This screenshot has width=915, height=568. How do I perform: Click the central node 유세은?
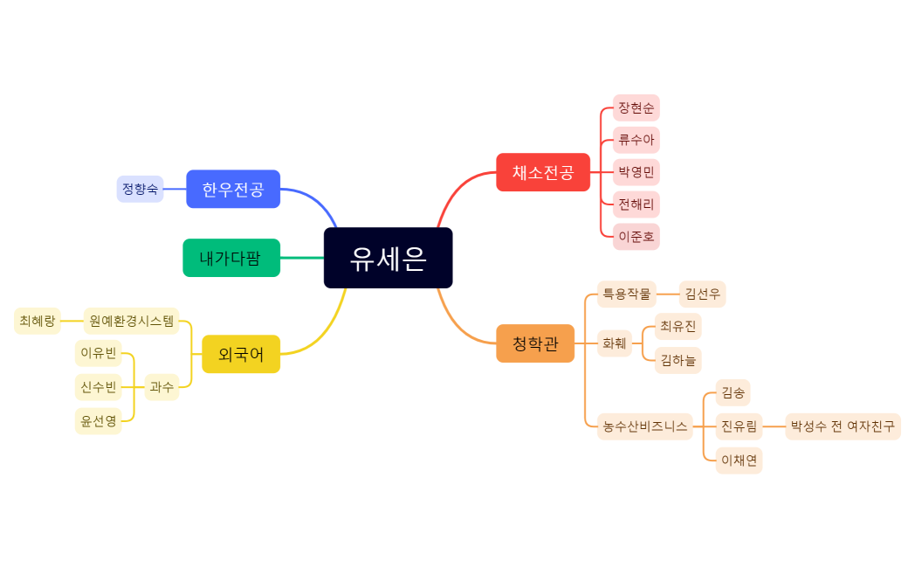[x=388, y=258]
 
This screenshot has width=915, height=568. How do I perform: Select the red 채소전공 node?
[x=542, y=172]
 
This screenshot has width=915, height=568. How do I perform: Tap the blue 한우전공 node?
[x=233, y=189]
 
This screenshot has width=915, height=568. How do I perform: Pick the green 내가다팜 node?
[x=231, y=258]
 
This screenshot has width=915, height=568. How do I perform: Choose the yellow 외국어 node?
[x=241, y=354]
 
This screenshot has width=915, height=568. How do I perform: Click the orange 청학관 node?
[x=535, y=343]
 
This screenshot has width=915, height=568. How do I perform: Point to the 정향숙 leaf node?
[x=140, y=189]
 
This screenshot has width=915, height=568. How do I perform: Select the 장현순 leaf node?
[x=636, y=108]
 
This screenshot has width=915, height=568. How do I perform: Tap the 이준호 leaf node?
[x=636, y=236]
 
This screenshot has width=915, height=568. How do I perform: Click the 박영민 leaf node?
[x=636, y=172]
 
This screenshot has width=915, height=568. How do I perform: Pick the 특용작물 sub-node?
[x=626, y=294]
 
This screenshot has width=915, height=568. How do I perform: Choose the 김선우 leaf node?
[x=702, y=294]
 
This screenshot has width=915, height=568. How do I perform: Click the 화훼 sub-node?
[x=615, y=343]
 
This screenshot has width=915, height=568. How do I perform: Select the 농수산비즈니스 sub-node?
[x=644, y=427]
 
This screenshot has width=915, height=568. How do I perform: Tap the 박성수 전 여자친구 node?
[x=843, y=426]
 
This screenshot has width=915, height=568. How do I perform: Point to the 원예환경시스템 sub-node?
[x=131, y=321]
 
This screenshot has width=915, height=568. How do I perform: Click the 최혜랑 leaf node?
[x=38, y=321]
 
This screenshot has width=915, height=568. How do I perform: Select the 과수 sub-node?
[x=162, y=386]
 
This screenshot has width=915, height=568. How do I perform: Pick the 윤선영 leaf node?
[x=98, y=421]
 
